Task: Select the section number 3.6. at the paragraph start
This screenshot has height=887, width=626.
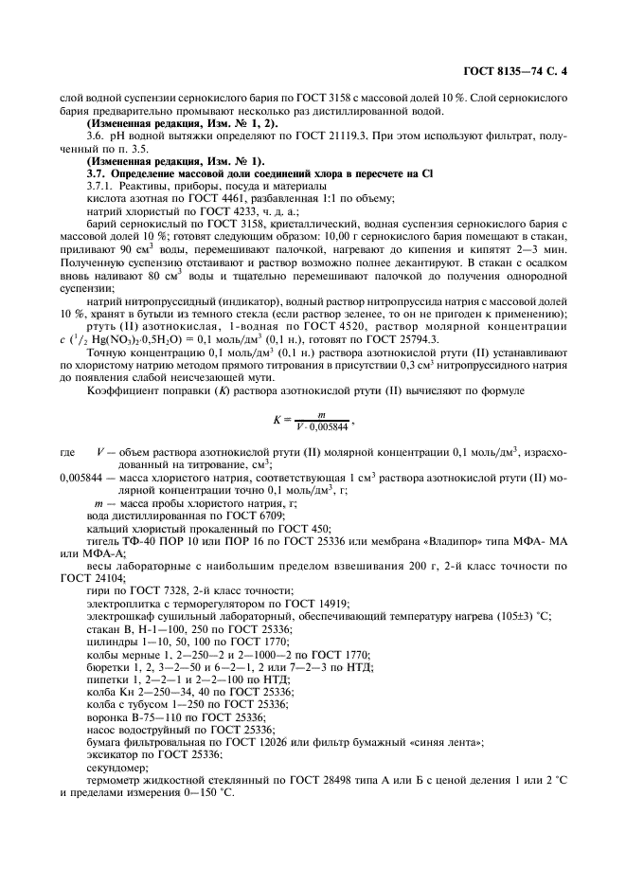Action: [x=96, y=137]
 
